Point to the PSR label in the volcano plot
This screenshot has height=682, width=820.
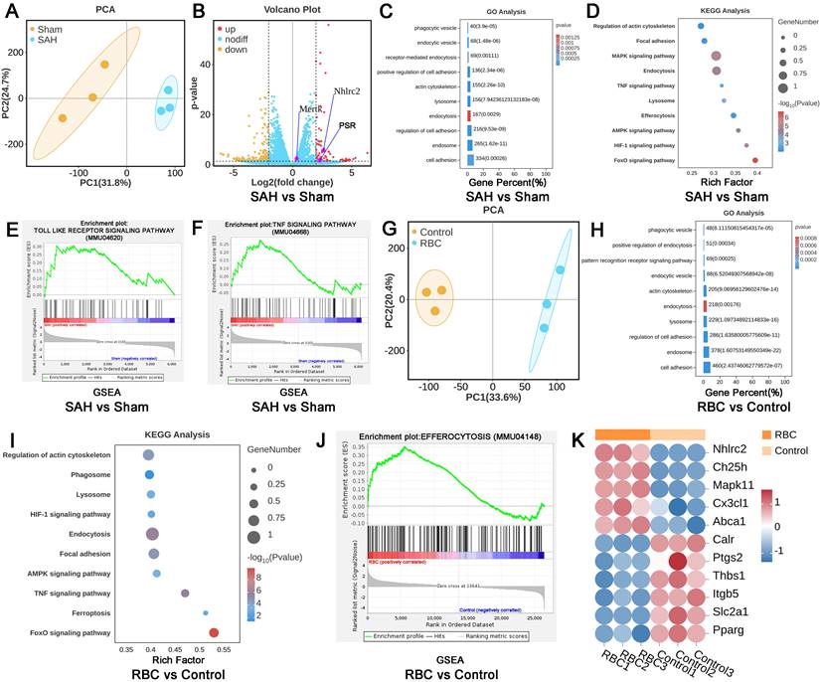click(x=347, y=126)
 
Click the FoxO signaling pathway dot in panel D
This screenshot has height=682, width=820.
click(x=755, y=159)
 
